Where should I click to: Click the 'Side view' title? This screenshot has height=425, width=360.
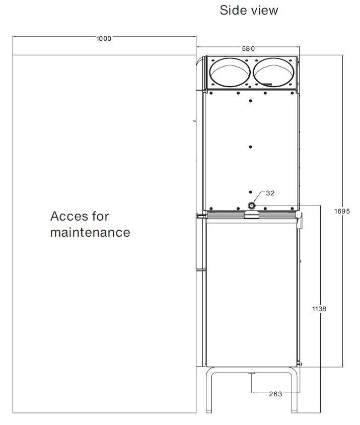[249, 10]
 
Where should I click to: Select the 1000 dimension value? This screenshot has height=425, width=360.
[104, 38]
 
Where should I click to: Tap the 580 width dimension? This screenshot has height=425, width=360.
[248, 48]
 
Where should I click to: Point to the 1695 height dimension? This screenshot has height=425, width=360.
[342, 211]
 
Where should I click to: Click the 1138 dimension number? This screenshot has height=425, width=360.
[319, 309]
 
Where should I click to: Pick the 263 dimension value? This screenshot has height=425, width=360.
[275, 394]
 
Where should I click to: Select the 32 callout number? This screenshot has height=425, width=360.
[270, 193]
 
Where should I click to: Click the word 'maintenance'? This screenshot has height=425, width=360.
[90, 232]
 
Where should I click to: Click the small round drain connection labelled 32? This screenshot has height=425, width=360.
[252, 205]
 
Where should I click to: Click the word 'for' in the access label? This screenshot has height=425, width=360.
[100, 217]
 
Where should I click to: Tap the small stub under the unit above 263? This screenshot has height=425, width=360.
[252, 373]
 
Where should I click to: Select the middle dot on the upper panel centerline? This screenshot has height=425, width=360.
[250, 147]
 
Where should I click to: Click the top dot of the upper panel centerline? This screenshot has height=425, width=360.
[250, 101]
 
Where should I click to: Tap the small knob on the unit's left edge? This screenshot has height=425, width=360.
[195, 121]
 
